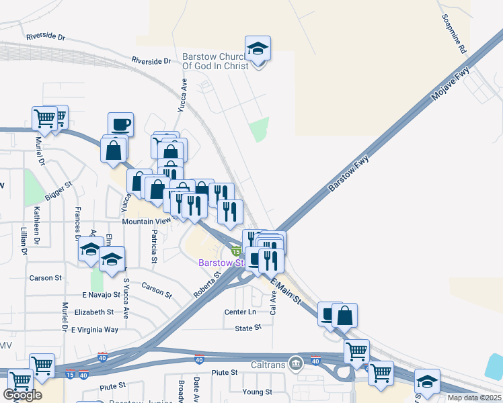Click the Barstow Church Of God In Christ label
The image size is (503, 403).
pyautogui.click(x=215, y=61)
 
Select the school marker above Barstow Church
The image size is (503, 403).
pyautogui.click(x=258, y=49)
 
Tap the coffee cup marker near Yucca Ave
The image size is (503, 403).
pyautogui.click(x=120, y=125)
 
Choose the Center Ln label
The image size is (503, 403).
pyautogui.click(x=241, y=312)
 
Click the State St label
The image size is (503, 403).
pyautogui.click(x=248, y=328)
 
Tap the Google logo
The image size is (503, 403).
pyautogui.click(x=24, y=395)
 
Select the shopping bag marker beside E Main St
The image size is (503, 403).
pyautogui.click(x=344, y=316)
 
